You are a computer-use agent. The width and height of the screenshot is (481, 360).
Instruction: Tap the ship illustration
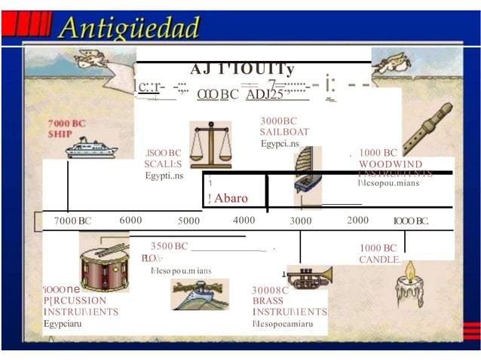pyautogui.click(x=90, y=147)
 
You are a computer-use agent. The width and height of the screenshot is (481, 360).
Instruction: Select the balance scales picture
pyautogui.click(x=210, y=144)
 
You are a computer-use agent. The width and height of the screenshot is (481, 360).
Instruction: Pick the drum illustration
pyautogui.click(x=104, y=264)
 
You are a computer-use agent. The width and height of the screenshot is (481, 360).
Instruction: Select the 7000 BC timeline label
pyautogui.click(x=72, y=221)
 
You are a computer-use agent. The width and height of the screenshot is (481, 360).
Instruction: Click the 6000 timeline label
pyautogui.click(x=130, y=220)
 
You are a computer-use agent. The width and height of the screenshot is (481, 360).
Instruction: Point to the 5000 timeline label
pyautogui.click(x=188, y=221)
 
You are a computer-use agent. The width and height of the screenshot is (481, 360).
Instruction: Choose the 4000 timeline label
pyautogui.click(x=244, y=220)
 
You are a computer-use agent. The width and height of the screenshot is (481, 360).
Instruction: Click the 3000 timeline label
pyautogui.click(x=301, y=221)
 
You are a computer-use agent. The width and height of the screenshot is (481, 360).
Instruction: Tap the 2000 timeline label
pyautogui.click(x=357, y=220)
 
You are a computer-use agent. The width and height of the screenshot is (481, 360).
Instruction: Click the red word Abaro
pyautogui.click(x=231, y=199)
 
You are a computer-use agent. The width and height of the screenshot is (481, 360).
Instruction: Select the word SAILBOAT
pyautogui.click(x=284, y=132)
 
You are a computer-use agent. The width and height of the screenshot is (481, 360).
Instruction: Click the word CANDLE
pyautogui.click(x=380, y=260)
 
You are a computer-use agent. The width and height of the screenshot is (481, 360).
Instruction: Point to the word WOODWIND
pyautogui.click(x=391, y=163)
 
